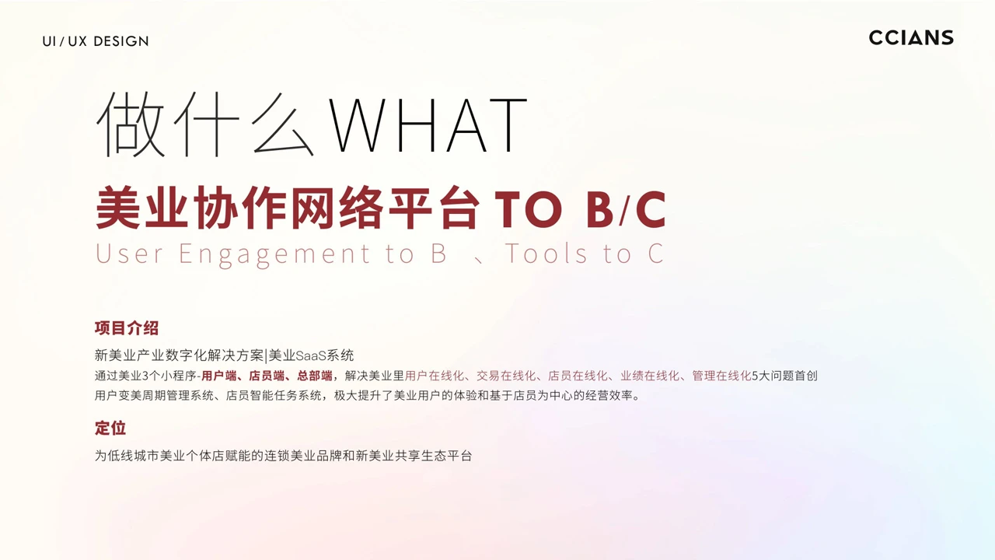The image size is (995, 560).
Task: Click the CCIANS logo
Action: (911, 38)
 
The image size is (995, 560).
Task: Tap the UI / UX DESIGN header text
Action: (96, 41)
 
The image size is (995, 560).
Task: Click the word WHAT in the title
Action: (428, 125)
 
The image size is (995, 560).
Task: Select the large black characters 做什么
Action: (205, 124)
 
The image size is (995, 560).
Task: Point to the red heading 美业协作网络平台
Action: (288, 208)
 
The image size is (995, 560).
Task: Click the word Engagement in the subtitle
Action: (274, 254)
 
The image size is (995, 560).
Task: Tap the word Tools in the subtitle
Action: (546, 254)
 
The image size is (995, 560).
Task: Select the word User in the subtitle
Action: (129, 254)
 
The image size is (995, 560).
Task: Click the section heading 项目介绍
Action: (127, 328)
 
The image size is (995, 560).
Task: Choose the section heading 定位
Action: (110, 428)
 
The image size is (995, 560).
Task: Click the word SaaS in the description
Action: (311, 355)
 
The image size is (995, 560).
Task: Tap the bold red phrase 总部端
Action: (315, 376)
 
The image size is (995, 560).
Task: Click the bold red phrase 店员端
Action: (267, 376)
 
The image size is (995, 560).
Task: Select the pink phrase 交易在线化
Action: (506, 376)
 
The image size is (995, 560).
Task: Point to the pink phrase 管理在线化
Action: (721, 376)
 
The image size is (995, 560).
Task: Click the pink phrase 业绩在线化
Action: (650, 376)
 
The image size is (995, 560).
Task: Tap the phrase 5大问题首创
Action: (784, 376)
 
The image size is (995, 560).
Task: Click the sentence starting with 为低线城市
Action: (283, 456)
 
